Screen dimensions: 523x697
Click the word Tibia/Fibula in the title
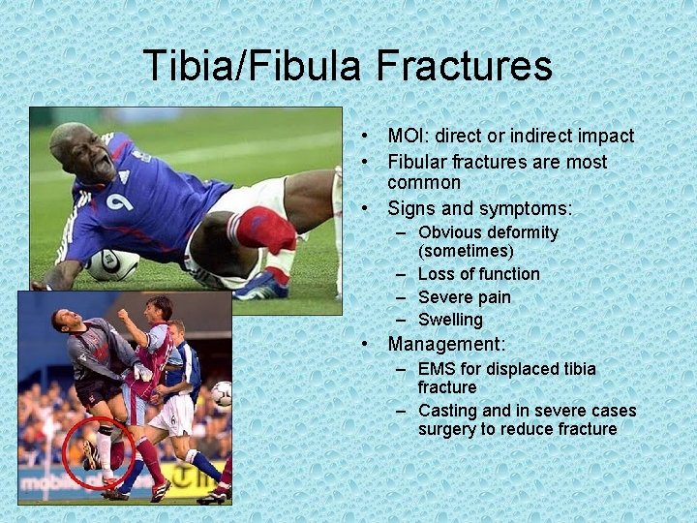click(x=254, y=66)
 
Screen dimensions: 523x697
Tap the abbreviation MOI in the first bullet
click(x=409, y=137)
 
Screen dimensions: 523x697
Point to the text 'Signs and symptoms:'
click(x=480, y=208)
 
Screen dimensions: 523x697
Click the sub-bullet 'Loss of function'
click(x=478, y=274)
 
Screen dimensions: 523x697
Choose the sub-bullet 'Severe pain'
click(x=464, y=297)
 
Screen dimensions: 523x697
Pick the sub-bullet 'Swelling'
click(x=450, y=320)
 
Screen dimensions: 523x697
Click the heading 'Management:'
click(x=446, y=344)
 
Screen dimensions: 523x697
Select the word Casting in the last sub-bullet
click(x=448, y=411)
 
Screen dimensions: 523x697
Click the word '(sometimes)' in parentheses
click(x=466, y=252)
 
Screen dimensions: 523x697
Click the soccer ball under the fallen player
click(x=113, y=263)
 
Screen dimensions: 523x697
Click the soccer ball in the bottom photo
click(x=222, y=393)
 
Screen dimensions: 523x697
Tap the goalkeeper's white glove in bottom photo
click(x=143, y=372)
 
